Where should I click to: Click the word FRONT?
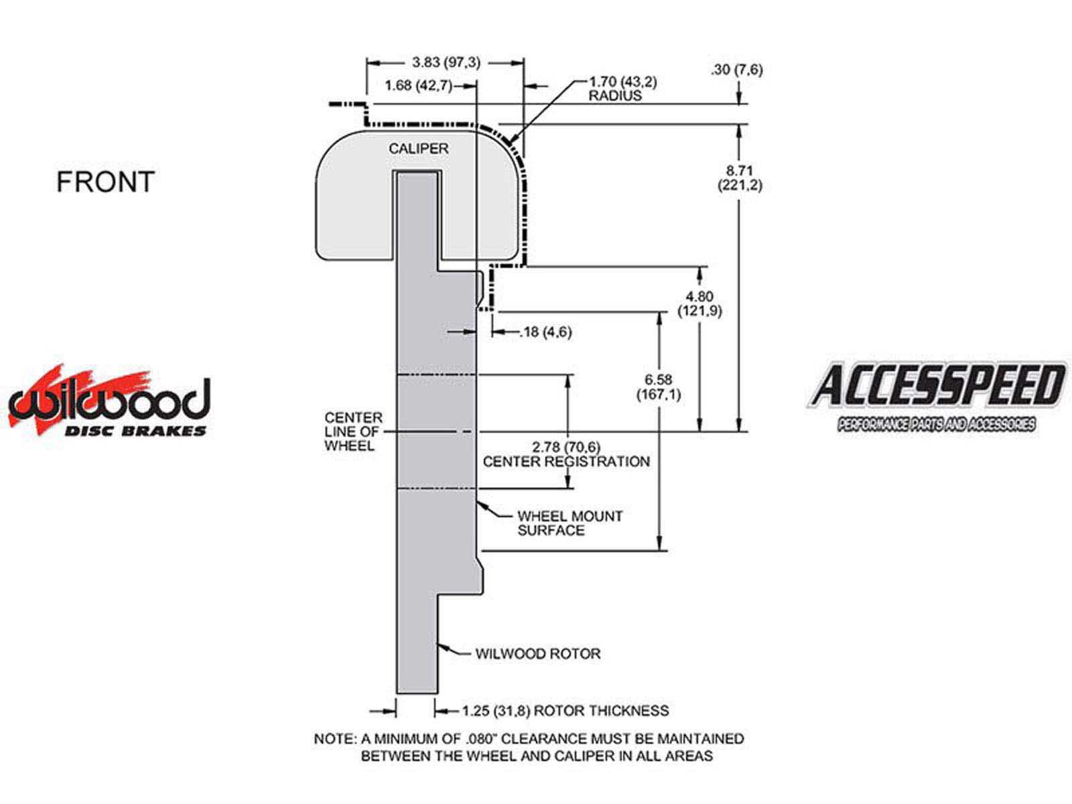pos(105,182)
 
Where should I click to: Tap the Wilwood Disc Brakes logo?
pos(109,404)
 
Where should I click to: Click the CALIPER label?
pos(419,149)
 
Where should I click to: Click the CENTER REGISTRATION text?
pos(566,462)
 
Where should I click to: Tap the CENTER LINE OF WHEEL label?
pos(353,431)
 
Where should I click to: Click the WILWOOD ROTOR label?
pos(538,653)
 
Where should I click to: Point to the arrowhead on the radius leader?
pos(511,141)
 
